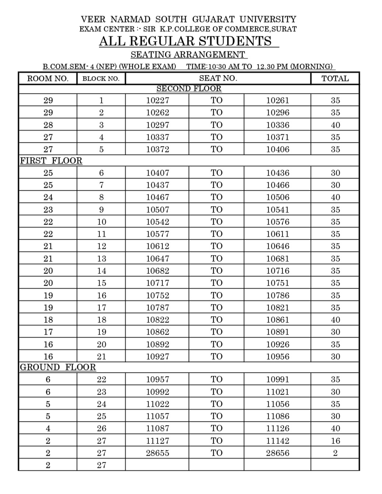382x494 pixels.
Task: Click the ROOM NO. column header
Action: click(48, 78)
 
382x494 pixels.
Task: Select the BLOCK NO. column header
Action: click(101, 78)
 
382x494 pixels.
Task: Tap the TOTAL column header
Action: click(335, 78)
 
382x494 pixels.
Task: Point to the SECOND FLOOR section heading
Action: click(189, 89)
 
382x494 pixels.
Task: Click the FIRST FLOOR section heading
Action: click(51, 161)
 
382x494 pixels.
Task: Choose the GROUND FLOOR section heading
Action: click(58, 367)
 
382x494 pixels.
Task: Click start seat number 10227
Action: click(158, 100)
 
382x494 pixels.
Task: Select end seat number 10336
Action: click(278, 125)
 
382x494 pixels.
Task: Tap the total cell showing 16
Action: click(335, 441)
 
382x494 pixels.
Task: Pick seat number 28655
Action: click(158, 453)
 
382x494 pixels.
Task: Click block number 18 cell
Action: click(101, 320)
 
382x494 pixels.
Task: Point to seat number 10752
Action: click(158, 295)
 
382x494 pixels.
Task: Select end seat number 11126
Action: click(278, 428)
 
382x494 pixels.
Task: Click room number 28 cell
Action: click(48, 125)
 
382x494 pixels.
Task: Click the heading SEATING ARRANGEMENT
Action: click(188, 54)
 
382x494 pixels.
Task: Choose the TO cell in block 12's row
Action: click(217, 246)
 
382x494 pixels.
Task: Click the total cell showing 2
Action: click(335, 453)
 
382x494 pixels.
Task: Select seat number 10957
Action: click(158, 380)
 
